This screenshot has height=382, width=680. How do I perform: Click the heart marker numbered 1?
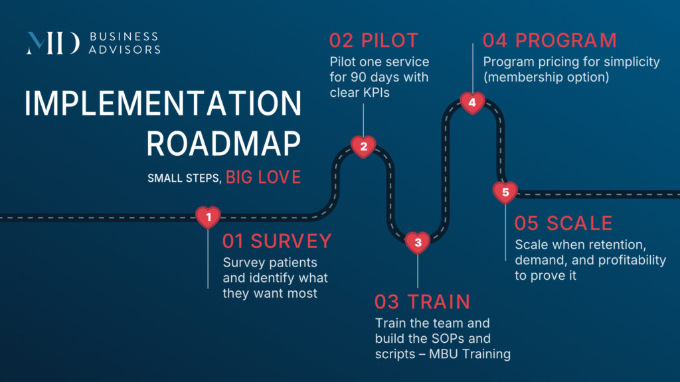(x=209, y=216)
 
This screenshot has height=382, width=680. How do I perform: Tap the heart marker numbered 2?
(x=363, y=147)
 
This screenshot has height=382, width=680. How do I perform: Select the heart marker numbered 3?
(x=418, y=243)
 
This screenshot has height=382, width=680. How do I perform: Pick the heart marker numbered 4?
(x=472, y=103)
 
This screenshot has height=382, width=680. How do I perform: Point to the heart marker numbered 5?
(x=505, y=192)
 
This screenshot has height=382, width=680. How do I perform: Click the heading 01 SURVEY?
(x=276, y=240)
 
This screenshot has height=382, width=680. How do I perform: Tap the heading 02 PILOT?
(x=373, y=40)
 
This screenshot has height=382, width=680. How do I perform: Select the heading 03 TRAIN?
(x=422, y=302)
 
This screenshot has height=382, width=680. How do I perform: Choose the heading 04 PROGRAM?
(x=549, y=40)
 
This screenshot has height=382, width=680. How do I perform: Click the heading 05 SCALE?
(x=564, y=223)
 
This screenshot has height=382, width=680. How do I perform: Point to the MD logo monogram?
(x=53, y=42)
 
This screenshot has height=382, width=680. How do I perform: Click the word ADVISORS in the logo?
(x=124, y=49)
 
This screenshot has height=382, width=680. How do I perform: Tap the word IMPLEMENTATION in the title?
(x=163, y=105)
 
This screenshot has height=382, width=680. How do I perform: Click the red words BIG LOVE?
(x=263, y=178)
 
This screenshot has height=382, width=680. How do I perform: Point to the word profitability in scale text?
(x=626, y=259)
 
